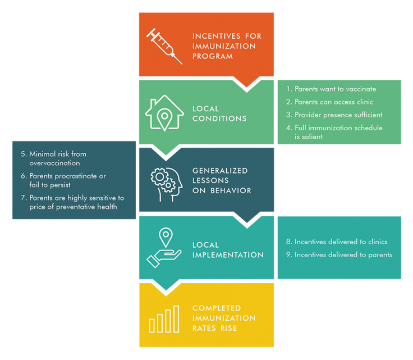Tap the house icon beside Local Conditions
coord(164,113)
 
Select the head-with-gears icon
coord(167,184)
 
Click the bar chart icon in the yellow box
coord(164,319)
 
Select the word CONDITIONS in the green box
coord(219,119)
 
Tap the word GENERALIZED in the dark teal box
coord(220,171)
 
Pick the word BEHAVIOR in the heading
coord(231,190)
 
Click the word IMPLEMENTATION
coord(228,255)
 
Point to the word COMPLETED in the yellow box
coord(217,308)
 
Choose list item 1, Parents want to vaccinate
coord(331,89)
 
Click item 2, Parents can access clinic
coord(329,102)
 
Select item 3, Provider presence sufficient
coord(334,115)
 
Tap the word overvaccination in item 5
coord(54,163)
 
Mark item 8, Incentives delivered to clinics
coord(337,241)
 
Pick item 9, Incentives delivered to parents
coord(339,255)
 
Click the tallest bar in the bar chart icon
coord(176,319)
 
